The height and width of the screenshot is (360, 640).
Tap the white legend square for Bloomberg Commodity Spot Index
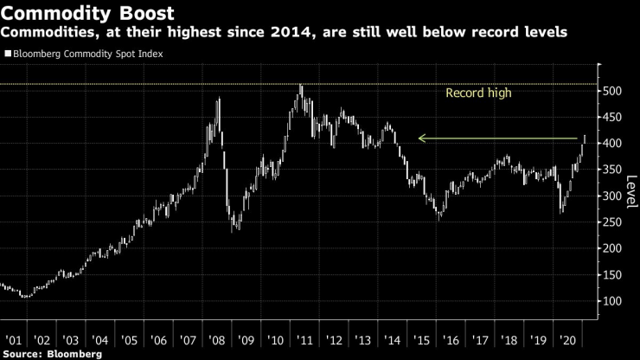coord(8,54)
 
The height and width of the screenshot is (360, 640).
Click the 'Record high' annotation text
coord(478,93)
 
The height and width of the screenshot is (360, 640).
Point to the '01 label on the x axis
coord(14,340)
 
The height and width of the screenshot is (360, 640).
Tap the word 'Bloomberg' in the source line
coord(73,353)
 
